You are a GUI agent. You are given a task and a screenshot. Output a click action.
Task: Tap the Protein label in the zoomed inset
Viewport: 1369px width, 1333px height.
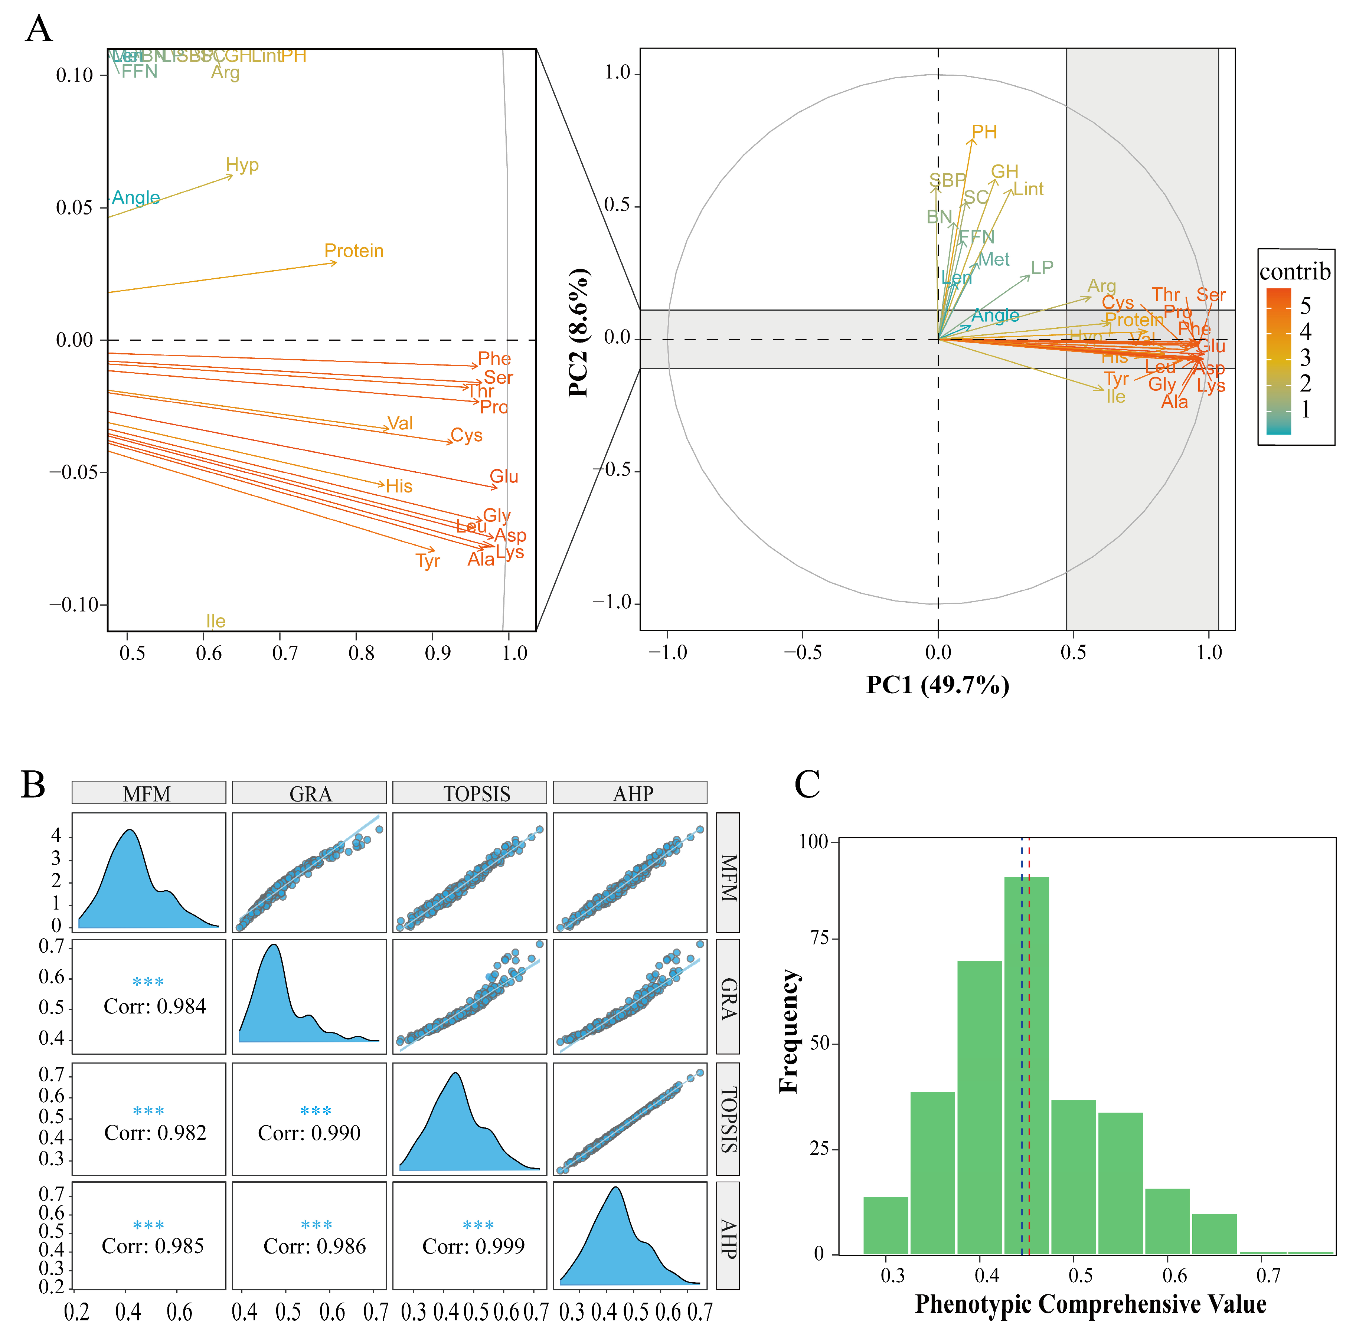tap(354, 250)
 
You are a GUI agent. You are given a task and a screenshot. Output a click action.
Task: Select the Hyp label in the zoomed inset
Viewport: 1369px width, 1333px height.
tap(242, 165)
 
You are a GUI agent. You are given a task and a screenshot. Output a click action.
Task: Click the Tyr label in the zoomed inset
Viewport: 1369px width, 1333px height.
tap(427, 561)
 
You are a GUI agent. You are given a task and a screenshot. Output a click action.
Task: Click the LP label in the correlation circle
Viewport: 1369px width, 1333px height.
tap(1042, 268)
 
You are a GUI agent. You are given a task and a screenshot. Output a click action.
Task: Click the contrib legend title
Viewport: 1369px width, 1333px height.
tap(1295, 271)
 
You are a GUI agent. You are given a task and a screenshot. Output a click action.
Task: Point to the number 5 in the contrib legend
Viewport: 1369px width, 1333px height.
tap(1305, 306)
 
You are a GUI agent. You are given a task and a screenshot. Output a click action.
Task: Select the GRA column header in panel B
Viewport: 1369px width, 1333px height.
tap(310, 793)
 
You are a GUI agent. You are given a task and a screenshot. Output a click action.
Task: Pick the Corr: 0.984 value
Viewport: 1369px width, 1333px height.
tap(155, 1006)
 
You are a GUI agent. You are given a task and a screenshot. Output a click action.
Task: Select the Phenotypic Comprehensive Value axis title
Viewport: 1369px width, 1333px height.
tap(1090, 1304)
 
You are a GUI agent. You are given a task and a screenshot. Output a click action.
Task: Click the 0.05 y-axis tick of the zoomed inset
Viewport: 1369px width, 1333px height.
tap(74, 208)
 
